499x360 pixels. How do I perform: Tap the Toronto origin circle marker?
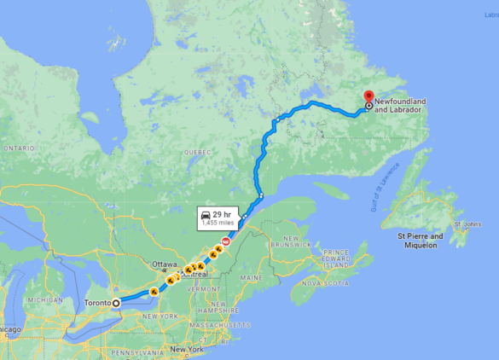click(x=117, y=303)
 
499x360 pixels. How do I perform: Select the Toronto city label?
click(x=99, y=303)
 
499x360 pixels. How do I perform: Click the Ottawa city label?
click(x=165, y=264)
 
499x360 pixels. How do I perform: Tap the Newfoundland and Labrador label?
click(x=399, y=106)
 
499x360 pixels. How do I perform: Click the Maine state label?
click(x=252, y=278)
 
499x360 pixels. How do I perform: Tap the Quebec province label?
click(x=198, y=152)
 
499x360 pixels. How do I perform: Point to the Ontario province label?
click(x=18, y=148)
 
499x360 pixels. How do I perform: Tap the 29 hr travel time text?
click(x=223, y=213)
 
